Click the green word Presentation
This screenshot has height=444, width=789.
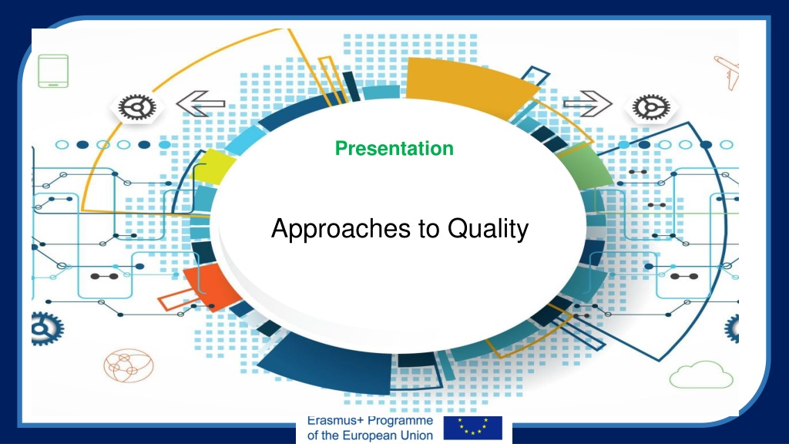394,149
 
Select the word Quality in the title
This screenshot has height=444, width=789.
488,229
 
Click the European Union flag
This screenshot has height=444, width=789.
472,428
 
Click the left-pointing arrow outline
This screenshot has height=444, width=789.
200,104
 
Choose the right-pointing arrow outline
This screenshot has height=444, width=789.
588,104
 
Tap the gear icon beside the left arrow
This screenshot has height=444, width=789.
137,107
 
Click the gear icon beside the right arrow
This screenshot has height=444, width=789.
651,107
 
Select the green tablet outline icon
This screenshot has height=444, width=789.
53,71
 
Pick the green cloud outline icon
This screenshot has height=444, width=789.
701,375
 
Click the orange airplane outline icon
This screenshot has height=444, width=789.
727,72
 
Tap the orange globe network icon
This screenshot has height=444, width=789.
129,365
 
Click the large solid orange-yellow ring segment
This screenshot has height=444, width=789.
468,86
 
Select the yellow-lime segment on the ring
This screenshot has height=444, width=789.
214,166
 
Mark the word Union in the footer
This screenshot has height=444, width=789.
417,436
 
